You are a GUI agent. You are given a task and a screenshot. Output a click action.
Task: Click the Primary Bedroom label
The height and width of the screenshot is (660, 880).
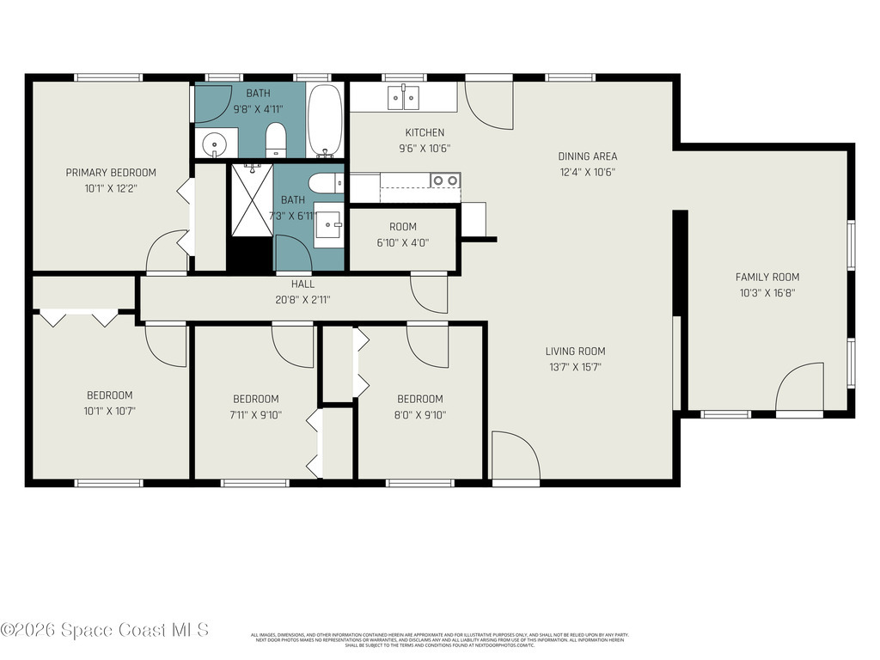tap(111, 173)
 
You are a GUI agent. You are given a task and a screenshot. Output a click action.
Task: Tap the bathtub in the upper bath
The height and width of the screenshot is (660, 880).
tap(325, 121)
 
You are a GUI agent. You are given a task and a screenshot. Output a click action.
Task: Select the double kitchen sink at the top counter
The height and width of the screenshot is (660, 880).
tap(403, 98)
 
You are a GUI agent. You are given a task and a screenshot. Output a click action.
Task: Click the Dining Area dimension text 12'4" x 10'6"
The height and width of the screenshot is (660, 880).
tap(587, 171)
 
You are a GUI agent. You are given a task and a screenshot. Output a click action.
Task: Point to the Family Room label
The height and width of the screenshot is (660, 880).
tap(767, 277)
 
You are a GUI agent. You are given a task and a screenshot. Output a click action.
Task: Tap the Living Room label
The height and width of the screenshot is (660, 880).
tap(575, 351)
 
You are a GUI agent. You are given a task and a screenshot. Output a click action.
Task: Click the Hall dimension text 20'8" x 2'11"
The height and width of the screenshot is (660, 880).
tap(302, 300)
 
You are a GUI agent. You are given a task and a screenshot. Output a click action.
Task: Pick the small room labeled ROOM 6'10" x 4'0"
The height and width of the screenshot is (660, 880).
tap(402, 235)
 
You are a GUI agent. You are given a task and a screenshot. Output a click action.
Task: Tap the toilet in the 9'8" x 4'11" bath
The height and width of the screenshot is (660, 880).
tap(276, 139)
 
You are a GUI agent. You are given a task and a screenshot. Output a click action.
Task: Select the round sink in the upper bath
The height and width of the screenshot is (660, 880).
tap(212, 143)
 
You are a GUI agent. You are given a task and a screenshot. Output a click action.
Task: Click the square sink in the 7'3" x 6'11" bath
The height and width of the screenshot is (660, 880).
tap(327, 226)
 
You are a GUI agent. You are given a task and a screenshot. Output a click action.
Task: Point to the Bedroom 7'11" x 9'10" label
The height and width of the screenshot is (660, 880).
tap(256, 399)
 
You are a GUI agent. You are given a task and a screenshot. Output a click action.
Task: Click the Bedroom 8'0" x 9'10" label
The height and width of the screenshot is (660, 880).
tap(419, 399)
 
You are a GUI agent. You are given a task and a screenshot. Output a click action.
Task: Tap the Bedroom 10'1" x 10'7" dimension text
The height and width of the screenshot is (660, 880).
tap(109, 410)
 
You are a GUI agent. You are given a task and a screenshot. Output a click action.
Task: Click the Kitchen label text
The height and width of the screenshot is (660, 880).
tap(425, 132)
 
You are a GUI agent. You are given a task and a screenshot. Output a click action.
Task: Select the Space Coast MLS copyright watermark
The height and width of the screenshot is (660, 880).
tap(104, 630)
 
